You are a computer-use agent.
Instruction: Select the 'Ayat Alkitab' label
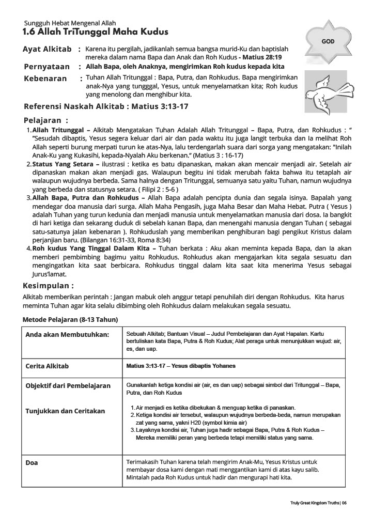(47, 49)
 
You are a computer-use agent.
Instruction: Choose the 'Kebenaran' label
(45, 79)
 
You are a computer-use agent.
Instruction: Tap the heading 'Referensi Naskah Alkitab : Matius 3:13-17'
(106, 107)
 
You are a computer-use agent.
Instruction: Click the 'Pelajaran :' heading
(46, 120)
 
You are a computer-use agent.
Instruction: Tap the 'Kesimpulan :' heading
(49, 286)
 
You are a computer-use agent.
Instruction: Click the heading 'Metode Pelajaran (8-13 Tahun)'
(70, 320)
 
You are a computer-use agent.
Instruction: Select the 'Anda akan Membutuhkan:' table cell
(67, 335)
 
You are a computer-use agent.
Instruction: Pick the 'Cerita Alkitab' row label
(47, 366)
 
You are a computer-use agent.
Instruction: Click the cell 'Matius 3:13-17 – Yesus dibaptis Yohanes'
(180, 366)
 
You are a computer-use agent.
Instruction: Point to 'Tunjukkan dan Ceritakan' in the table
(65, 411)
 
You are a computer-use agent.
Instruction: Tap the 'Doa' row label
(32, 463)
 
